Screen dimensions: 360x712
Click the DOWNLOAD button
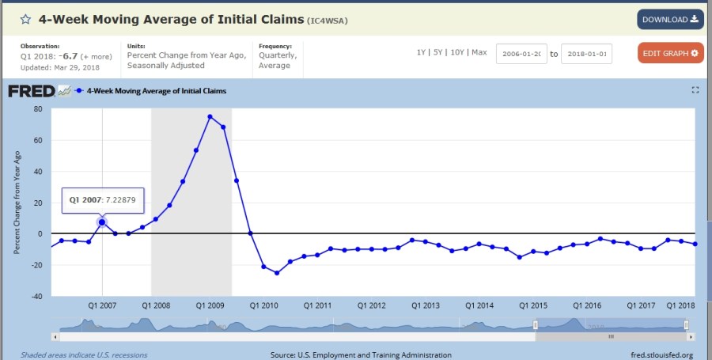coord(670,19)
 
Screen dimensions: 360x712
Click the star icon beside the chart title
coord(25,19)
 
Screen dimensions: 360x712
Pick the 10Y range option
coord(458,52)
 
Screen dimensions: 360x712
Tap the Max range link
coord(479,52)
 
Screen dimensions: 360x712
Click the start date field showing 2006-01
coord(521,54)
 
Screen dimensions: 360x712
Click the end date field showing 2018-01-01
coord(586,54)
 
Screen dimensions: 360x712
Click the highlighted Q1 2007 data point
coord(102,222)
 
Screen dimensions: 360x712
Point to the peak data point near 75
coord(210,116)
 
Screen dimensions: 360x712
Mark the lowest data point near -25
coord(277,273)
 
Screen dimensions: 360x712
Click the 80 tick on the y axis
coord(37,109)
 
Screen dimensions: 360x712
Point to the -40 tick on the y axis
coord(36,297)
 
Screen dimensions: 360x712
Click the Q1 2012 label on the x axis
coord(371,305)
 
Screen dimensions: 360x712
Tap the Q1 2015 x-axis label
coord(533,305)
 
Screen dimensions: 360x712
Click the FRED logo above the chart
coord(32,91)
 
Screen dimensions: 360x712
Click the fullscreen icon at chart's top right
coord(695,90)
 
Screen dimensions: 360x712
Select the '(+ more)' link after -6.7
coord(97,56)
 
